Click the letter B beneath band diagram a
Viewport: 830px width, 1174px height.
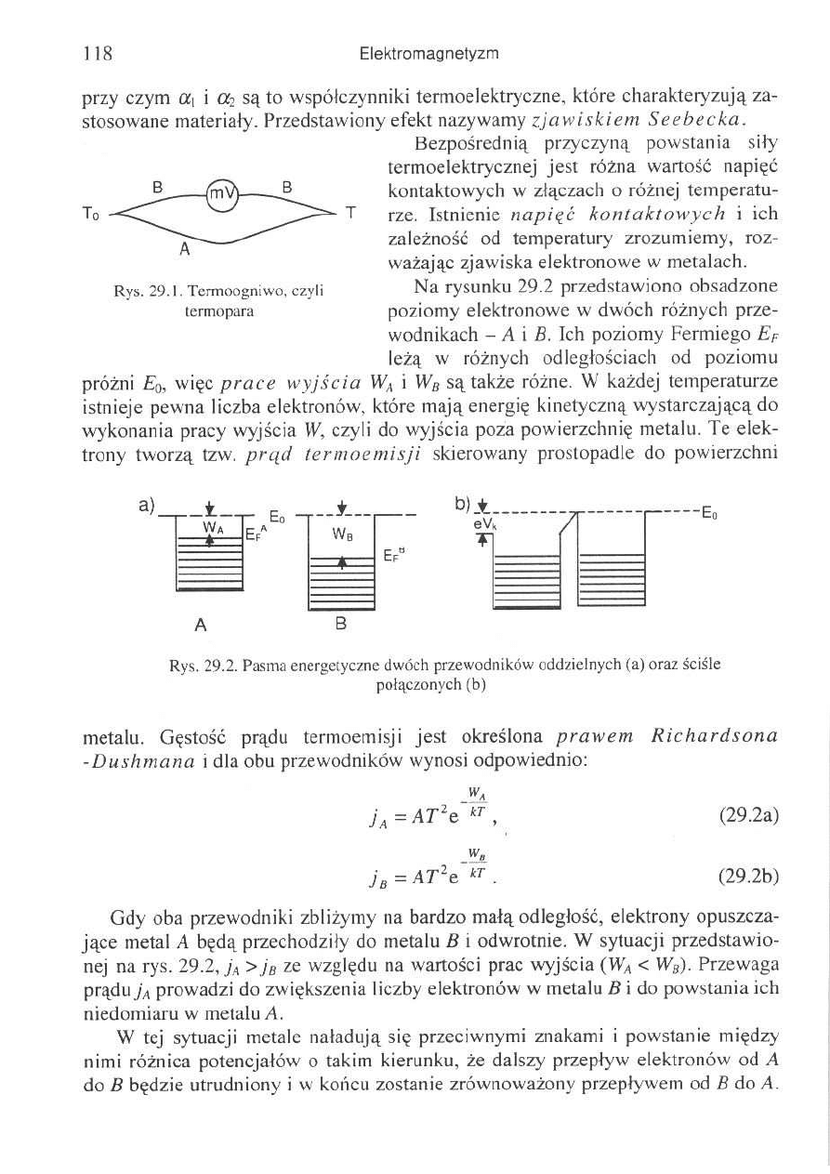[340, 625]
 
